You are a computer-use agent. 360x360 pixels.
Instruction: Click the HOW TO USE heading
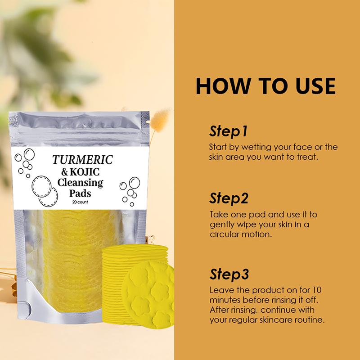[x=265, y=86]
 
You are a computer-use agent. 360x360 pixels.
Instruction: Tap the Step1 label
[x=228, y=131]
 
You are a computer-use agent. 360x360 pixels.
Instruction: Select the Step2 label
[x=229, y=198]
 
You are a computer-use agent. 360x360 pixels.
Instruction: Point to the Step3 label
[x=229, y=274]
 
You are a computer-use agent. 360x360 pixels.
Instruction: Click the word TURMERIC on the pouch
[x=83, y=160]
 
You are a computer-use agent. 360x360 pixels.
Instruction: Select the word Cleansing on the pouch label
[x=81, y=183]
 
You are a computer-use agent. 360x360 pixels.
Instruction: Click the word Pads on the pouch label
[x=80, y=193]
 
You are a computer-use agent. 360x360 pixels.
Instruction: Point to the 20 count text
[x=80, y=202]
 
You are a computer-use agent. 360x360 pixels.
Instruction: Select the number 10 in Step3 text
[x=317, y=290]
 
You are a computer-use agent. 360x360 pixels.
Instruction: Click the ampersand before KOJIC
[x=64, y=172]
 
